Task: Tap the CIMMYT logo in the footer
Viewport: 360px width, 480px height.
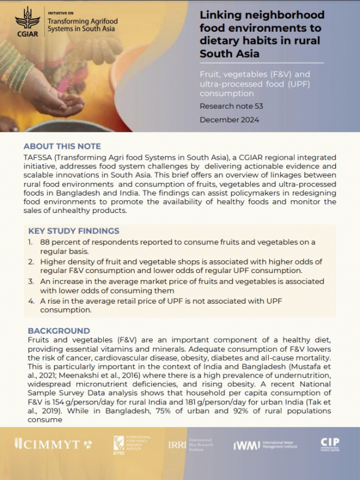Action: click(x=53, y=444)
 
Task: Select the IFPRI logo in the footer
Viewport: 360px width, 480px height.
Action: click(x=119, y=444)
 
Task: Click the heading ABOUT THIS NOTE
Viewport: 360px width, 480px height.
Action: click(x=62, y=146)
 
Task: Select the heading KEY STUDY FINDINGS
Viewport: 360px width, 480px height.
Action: click(x=74, y=231)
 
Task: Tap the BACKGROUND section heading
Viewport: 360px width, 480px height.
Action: click(x=59, y=331)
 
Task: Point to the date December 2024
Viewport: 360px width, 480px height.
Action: click(x=229, y=119)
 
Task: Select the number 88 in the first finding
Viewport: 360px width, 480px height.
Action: click(x=46, y=242)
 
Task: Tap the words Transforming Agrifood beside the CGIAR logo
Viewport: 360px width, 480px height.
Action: click(x=82, y=22)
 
